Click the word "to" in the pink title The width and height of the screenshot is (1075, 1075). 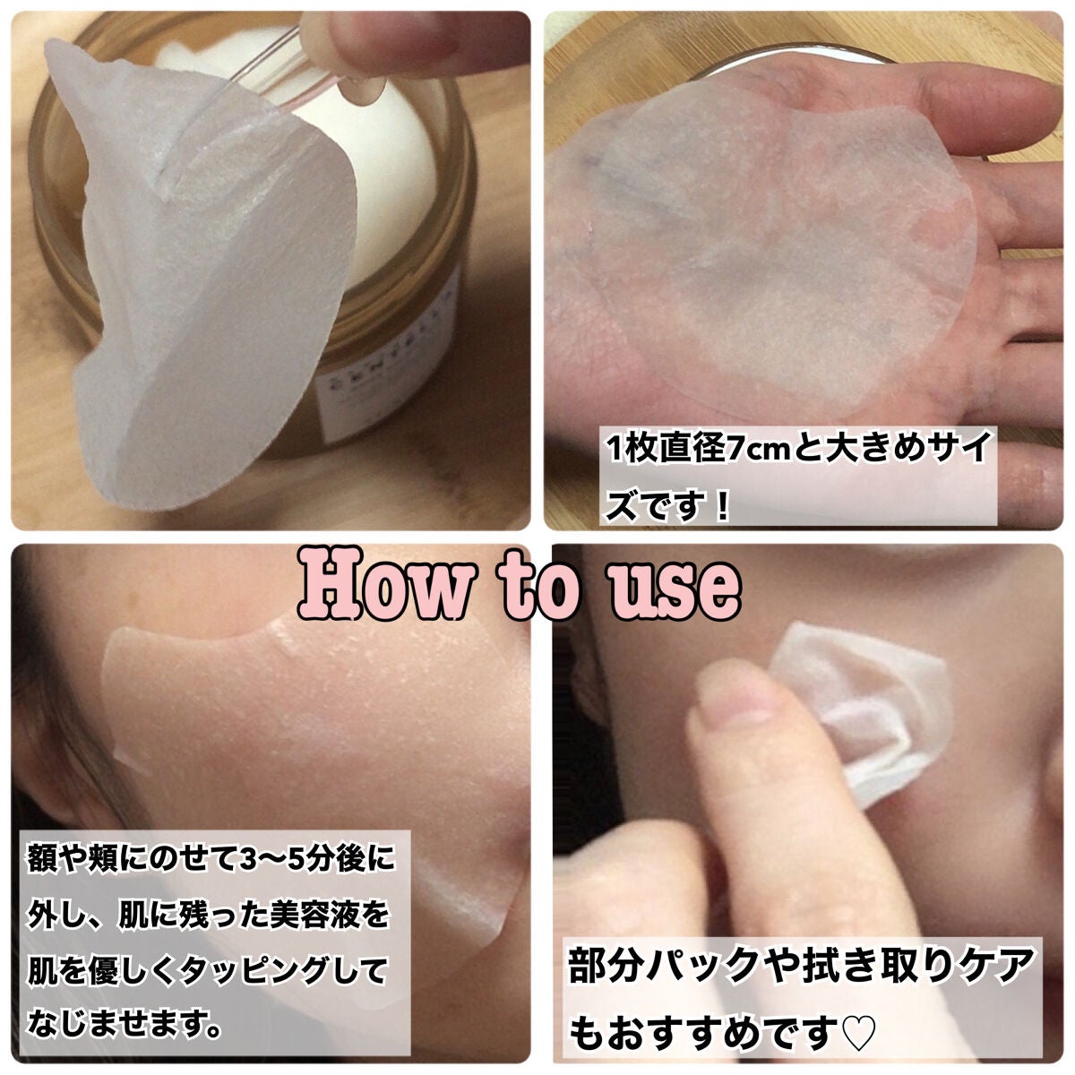534,588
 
